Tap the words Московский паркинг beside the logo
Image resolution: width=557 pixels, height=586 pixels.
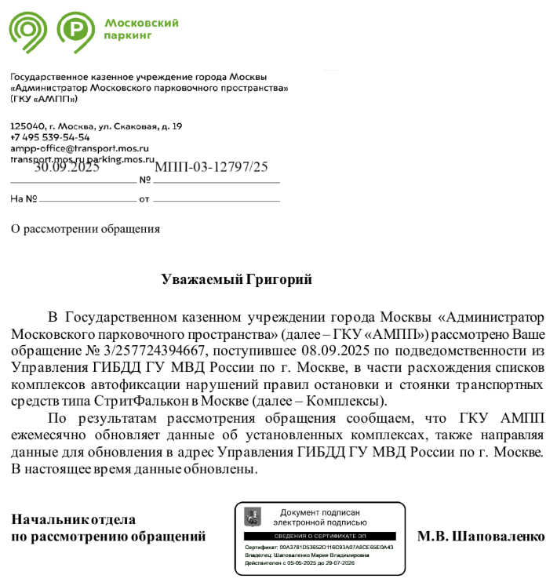tap(141, 29)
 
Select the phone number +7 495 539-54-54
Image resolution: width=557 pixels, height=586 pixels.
tap(49, 137)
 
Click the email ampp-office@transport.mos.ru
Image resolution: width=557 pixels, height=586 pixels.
tap(78, 147)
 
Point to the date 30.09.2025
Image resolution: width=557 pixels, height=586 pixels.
tap(67, 166)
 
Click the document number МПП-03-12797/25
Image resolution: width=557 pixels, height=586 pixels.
tap(211, 166)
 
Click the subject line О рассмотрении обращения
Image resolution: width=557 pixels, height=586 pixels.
tap(85, 229)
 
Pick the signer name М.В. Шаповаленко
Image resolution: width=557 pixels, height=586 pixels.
tap(480, 537)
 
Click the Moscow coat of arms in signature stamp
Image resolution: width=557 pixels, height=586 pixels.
tap(253, 517)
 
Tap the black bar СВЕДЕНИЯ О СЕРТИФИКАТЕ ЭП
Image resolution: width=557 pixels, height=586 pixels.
tap(319, 536)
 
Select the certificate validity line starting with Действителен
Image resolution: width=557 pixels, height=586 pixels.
tap(300, 562)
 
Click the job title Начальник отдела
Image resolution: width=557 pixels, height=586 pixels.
tap(73, 519)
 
